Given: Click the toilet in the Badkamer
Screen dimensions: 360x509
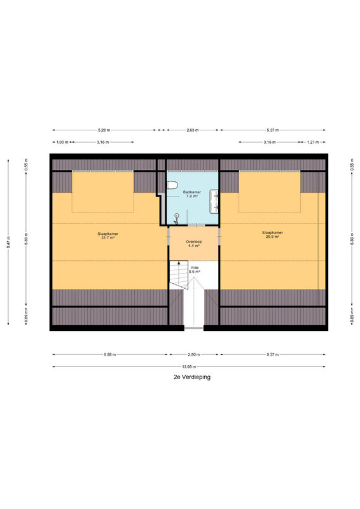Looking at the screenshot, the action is pos(172,185).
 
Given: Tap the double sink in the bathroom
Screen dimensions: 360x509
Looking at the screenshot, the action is pos(214,201).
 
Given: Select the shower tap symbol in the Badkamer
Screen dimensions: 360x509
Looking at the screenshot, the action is pos(176,220).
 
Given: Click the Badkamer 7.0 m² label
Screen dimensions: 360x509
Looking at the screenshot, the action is pos(191,194).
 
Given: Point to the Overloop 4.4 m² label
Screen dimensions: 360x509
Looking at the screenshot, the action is pos(194,244).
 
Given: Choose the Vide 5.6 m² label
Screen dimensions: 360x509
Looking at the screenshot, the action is pos(194,270).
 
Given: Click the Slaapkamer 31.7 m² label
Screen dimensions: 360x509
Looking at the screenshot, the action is pos(107,235).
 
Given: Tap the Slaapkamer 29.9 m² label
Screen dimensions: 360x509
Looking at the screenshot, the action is pos(272,235).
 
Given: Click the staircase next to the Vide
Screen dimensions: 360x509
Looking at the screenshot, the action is pos(179,275).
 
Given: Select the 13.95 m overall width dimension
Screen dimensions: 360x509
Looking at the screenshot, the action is pos(189,367).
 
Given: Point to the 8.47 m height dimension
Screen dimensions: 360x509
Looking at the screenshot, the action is pos(8,242).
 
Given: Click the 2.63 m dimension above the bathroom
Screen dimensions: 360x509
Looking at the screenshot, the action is pos(193,130).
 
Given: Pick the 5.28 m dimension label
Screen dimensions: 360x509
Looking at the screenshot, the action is pos(104,130).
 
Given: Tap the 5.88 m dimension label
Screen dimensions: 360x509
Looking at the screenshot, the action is pos(110,354).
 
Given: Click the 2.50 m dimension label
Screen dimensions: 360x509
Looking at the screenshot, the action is pos(194,354).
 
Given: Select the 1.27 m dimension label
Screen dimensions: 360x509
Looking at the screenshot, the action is pos(312,142).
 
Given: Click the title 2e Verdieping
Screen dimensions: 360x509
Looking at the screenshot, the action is pos(192,377).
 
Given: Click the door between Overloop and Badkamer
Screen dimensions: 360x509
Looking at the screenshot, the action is pos(197,225).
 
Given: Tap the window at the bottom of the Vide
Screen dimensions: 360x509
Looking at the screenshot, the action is pos(194,328).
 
